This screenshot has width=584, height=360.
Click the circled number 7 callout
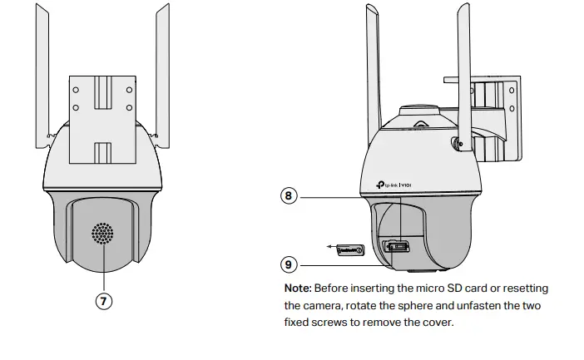point(104,302)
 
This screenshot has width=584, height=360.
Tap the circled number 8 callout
point(289,196)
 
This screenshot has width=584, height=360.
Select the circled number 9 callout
point(289,264)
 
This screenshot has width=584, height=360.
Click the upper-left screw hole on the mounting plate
point(75,89)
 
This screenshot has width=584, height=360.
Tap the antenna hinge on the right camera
point(457,143)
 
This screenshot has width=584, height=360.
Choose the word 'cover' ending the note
point(436,322)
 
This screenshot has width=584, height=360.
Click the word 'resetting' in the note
point(522,288)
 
